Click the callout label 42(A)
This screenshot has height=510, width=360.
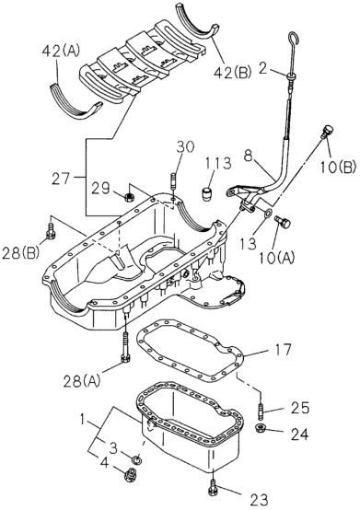pos(61,51)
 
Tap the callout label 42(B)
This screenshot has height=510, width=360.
pos(233,73)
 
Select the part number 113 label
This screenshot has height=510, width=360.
pos(217,163)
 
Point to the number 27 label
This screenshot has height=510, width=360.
pos(61,179)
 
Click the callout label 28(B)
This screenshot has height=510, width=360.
pos(21,253)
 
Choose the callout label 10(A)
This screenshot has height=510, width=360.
pos(276,258)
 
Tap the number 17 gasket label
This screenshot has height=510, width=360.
pos(282,350)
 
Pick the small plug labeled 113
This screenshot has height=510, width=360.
pos(206,194)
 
